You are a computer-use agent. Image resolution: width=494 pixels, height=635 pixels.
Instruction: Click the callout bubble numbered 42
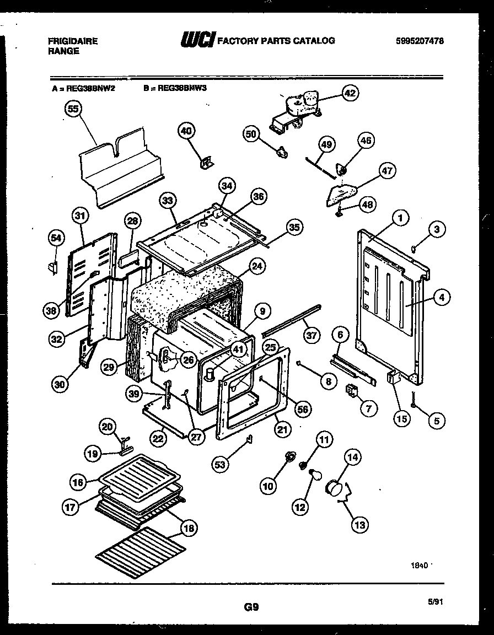350,93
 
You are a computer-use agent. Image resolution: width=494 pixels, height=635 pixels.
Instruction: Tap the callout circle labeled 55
73,109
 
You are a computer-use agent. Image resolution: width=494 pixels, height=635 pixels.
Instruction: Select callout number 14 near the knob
352,456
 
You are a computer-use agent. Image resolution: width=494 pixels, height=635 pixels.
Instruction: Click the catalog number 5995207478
420,41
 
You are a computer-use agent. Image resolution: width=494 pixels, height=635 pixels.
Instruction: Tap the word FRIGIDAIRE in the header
72,41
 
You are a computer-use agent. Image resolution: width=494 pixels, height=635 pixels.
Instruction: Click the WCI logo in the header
197,40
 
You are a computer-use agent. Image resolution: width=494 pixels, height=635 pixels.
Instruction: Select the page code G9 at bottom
251,607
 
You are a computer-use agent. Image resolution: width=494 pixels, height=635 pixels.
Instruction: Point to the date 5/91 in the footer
435,602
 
